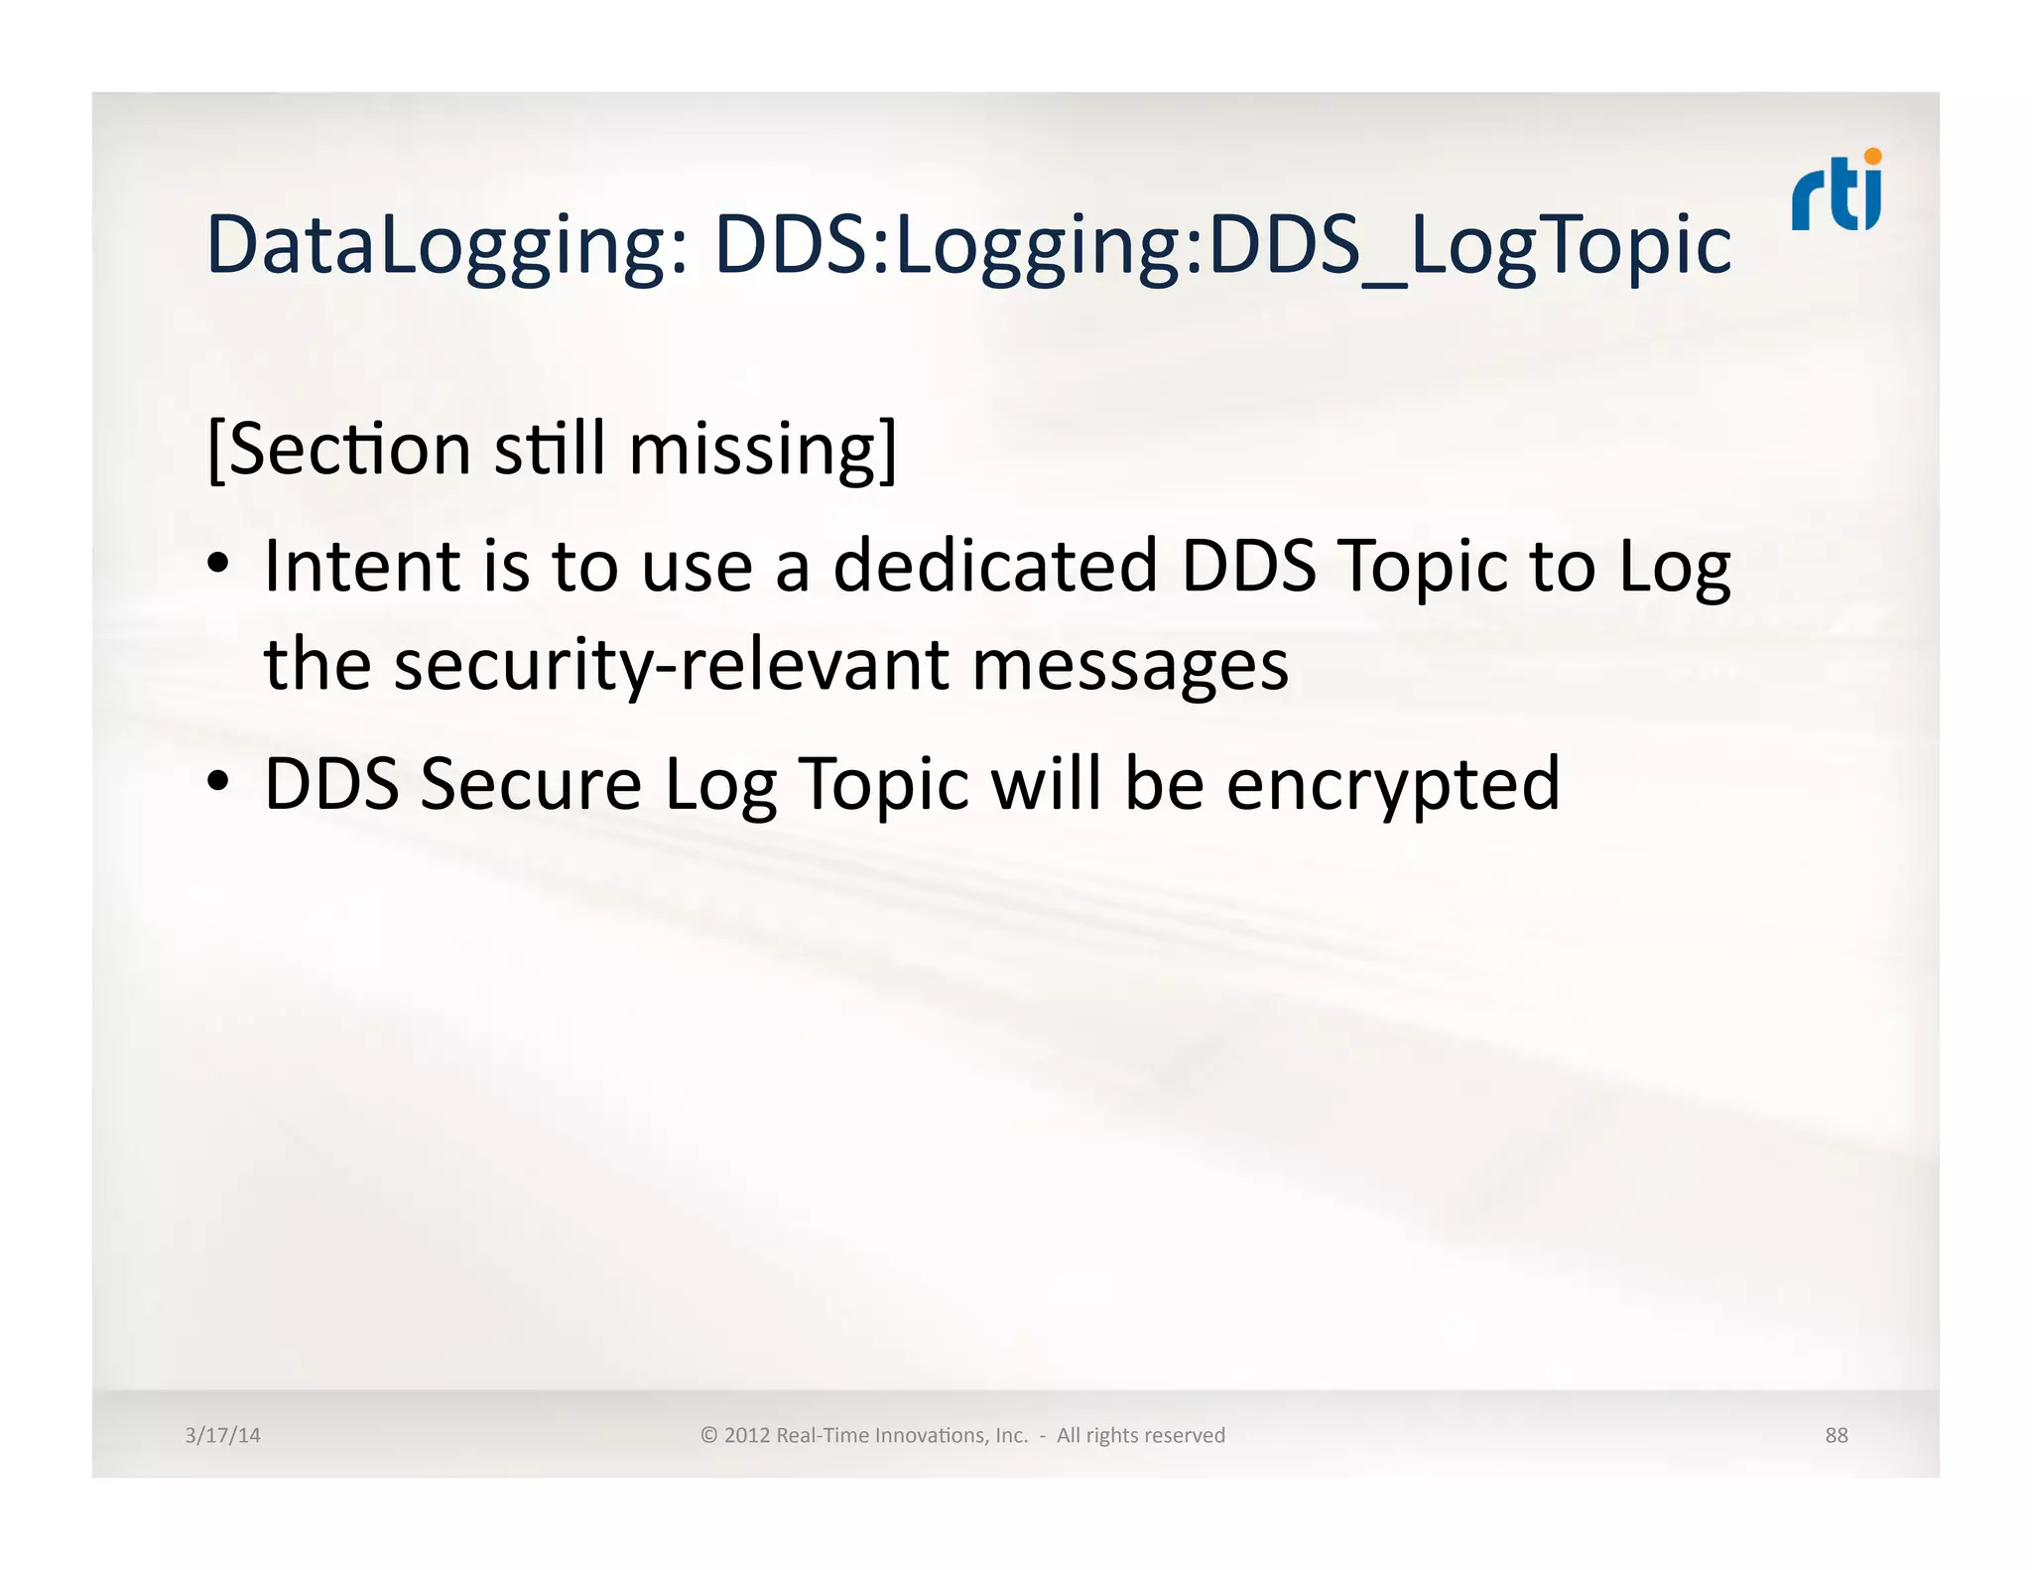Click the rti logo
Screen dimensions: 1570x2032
point(1836,193)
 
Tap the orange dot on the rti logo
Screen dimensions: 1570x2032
point(1872,156)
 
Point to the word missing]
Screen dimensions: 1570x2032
point(763,449)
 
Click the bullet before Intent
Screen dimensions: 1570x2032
point(218,565)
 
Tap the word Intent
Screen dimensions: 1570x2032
point(363,566)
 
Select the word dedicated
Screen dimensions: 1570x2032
point(995,566)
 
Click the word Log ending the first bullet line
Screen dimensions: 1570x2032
point(1675,568)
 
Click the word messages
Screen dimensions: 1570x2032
point(1130,666)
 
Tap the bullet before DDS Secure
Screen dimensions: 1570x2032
point(218,782)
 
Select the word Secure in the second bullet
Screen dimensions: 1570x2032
point(531,784)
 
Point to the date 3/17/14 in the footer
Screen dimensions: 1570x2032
point(222,1435)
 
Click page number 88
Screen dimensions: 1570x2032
point(1836,1435)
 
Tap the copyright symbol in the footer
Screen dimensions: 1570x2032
point(708,1435)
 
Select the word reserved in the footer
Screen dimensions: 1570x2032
point(1187,1435)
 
